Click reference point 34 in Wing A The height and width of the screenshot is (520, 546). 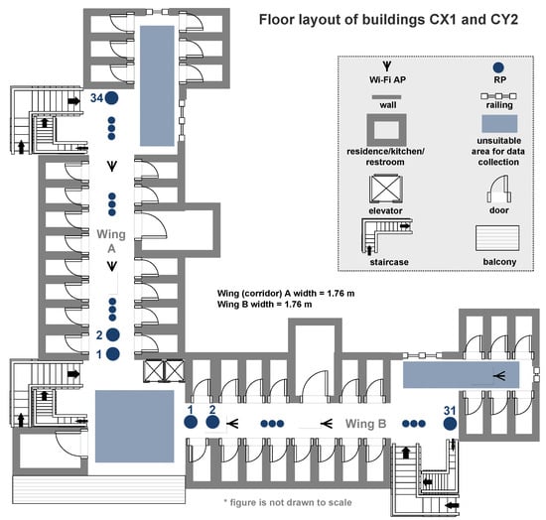click(112, 98)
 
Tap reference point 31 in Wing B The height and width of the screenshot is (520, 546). click(450, 424)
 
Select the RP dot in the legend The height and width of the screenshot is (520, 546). click(498, 67)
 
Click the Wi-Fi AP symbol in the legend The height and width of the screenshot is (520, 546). click(387, 65)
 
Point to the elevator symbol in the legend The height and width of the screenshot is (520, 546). click(386, 189)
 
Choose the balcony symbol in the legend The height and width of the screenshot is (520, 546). click(497, 238)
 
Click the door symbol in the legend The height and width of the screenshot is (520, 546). click(499, 189)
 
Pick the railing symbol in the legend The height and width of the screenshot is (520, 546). click(498, 96)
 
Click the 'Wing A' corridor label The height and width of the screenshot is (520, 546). click(111, 241)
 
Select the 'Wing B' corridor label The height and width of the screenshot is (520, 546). click(365, 424)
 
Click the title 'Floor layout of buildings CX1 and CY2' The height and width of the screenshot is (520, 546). click(388, 20)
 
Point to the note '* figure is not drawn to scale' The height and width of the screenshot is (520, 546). click(288, 502)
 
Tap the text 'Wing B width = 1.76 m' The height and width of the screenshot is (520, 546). click(265, 305)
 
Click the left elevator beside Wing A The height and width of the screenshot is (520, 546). click(154, 370)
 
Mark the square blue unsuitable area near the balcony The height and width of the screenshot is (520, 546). click(134, 426)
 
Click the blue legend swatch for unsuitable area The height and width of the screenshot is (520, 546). click(499, 124)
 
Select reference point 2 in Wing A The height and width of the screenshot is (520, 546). click(113, 334)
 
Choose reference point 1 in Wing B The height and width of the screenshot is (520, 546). click(191, 422)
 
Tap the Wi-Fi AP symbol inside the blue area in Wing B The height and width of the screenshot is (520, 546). click(500, 375)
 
